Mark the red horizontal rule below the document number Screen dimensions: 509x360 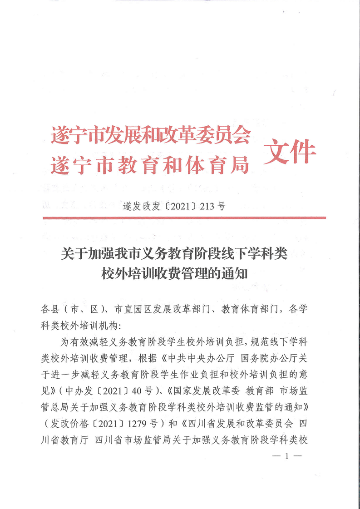[184, 218]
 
